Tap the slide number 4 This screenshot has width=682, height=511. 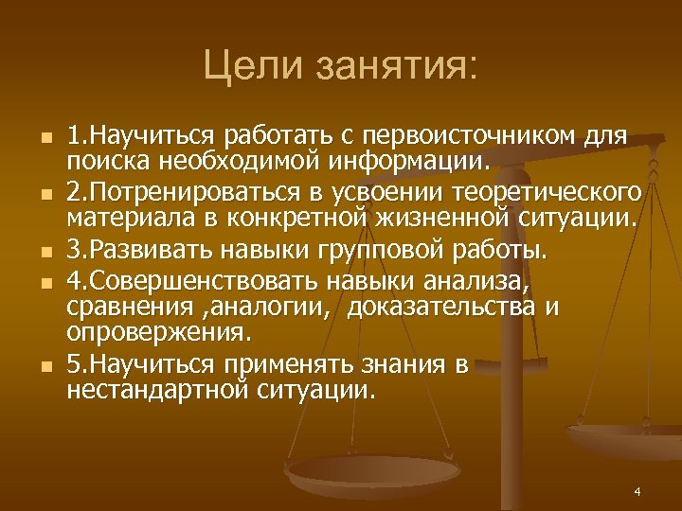(637, 492)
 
